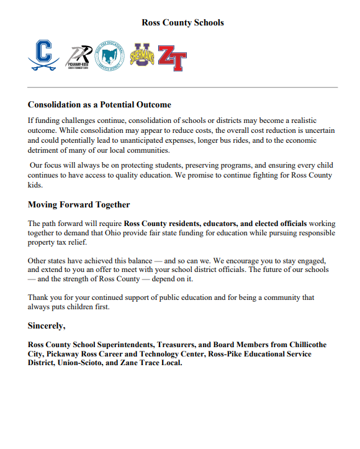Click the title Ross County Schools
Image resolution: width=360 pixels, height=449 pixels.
[182, 23]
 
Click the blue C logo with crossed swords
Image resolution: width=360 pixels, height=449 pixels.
[43, 56]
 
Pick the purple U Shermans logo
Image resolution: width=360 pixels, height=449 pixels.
[142, 56]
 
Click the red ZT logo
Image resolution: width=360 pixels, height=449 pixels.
[171, 58]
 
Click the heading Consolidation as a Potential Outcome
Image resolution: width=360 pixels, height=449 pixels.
[99, 105]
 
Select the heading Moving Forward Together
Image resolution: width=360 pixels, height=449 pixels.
[78, 204]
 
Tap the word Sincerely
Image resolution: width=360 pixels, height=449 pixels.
[47, 325]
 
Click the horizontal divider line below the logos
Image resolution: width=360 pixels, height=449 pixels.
[182, 88]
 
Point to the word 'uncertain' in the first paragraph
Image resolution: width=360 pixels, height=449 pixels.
[318, 130]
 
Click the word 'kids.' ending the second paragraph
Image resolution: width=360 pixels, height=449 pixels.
[36, 185]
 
